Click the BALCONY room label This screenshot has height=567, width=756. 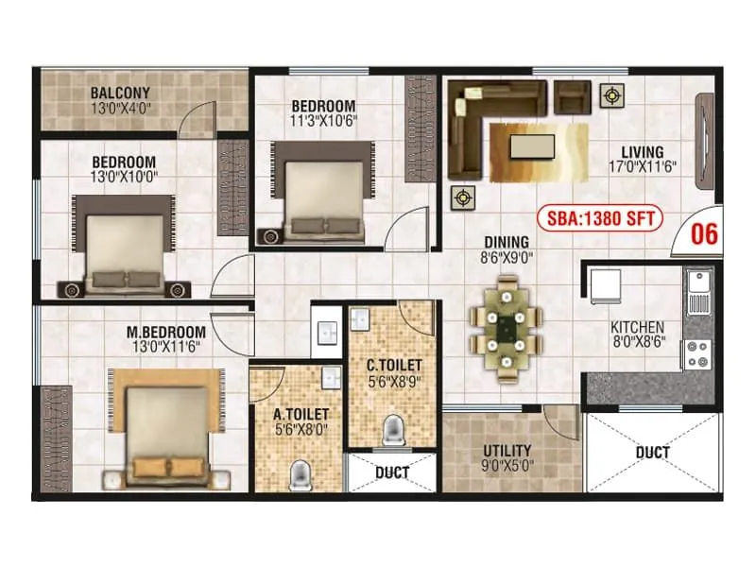pyautogui.click(x=121, y=93)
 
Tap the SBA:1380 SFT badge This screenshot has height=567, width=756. pyautogui.click(x=600, y=219)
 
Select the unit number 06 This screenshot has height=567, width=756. pyautogui.click(x=705, y=234)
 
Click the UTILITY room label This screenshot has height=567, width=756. pyautogui.click(x=507, y=451)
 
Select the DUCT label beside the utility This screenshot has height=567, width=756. pyautogui.click(x=651, y=453)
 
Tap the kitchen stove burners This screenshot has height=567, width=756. pyautogui.click(x=700, y=352)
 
